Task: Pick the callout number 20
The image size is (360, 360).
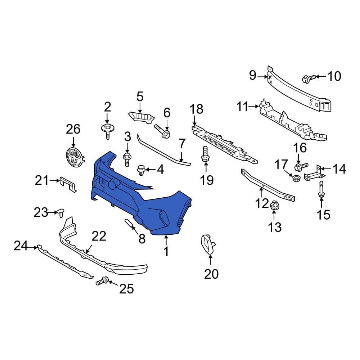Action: pyautogui.click(x=211, y=274)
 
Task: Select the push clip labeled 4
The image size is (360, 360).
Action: pyautogui.click(x=141, y=170)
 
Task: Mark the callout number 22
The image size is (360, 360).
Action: pyautogui.click(x=99, y=237)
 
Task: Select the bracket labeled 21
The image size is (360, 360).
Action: pyautogui.click(x=68, y=184)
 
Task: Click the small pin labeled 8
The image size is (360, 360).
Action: pyautogui.click(x=130, y=224)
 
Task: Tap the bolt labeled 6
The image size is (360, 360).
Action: pyautogui.click(x=163, y=131)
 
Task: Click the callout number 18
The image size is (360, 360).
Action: pyautogui.click(x=197, y=109)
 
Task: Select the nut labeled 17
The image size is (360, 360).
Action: pyautogui.click(x=296, y=177)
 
